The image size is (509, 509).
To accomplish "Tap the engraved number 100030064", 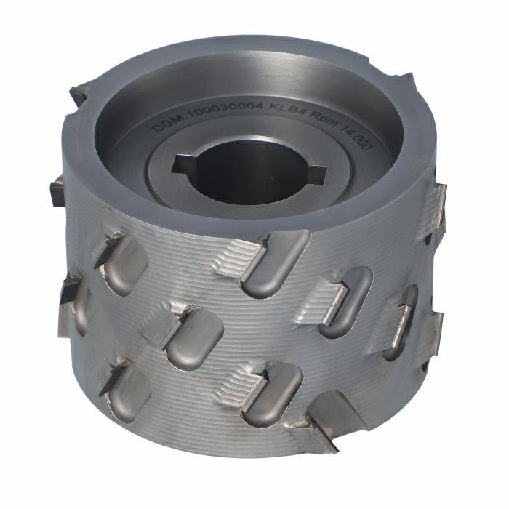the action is [222, 108].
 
